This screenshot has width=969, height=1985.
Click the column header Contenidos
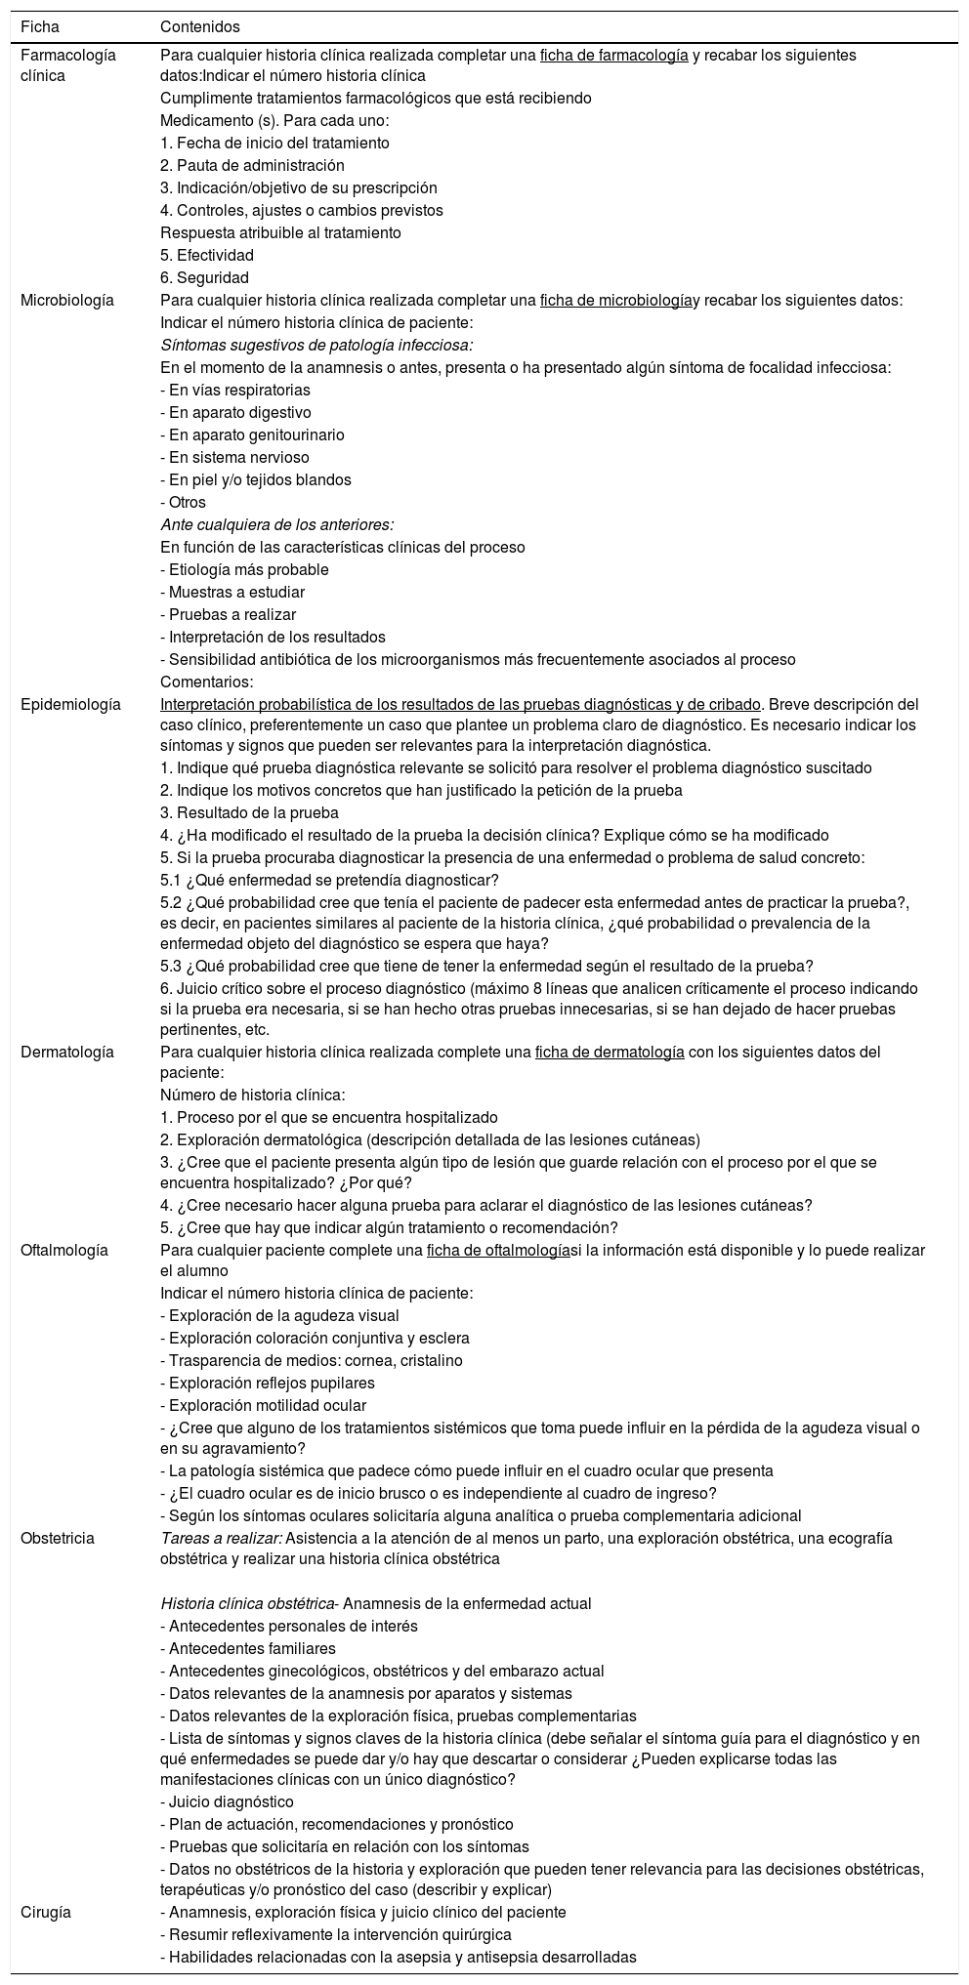point(199,26)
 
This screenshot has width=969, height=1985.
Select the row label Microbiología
point(66,301)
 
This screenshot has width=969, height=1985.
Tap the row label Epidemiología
point(70,704)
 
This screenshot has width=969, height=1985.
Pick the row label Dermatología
point(66,1052)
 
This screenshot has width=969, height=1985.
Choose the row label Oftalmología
point(64,1250)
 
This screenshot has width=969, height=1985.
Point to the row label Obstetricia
point(58,1538)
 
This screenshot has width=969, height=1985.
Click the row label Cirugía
point(46,1912)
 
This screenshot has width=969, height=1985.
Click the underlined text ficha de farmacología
point(613,56)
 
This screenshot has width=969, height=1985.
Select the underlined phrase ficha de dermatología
point(610,1052)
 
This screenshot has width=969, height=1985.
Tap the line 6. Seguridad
point(204,278)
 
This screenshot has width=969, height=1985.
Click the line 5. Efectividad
point(207,256)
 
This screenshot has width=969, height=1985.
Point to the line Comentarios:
point(207,682)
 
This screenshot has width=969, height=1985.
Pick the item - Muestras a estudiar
point(232,592)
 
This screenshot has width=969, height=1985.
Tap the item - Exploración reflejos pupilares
point(267,1383)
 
